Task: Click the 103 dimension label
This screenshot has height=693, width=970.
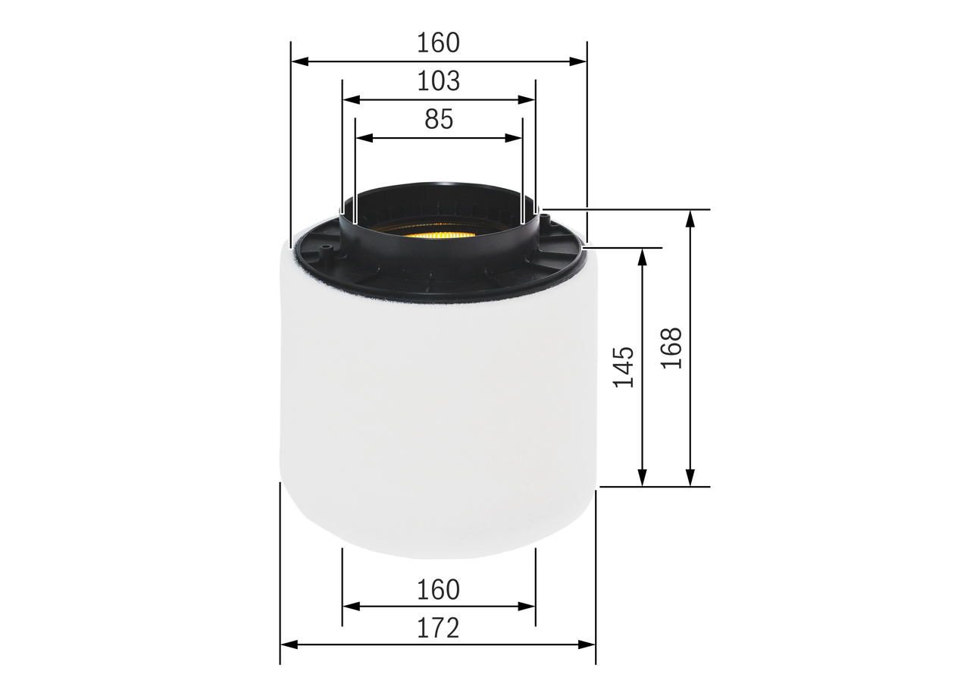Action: pos(438,80)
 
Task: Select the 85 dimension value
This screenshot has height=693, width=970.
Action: pos(438,119)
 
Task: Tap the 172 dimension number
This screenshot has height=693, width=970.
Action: pos(438,627)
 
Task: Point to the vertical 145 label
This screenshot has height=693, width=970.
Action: pos(623,367)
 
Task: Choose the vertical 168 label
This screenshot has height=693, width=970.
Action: pos(671,348)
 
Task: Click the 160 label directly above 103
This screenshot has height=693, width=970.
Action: pos(438,42)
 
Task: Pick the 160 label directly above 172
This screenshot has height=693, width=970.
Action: pos(438,589)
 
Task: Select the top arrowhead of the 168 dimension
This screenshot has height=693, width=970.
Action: pos(690,218)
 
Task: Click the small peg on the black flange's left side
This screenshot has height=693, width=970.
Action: pos(325,248)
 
